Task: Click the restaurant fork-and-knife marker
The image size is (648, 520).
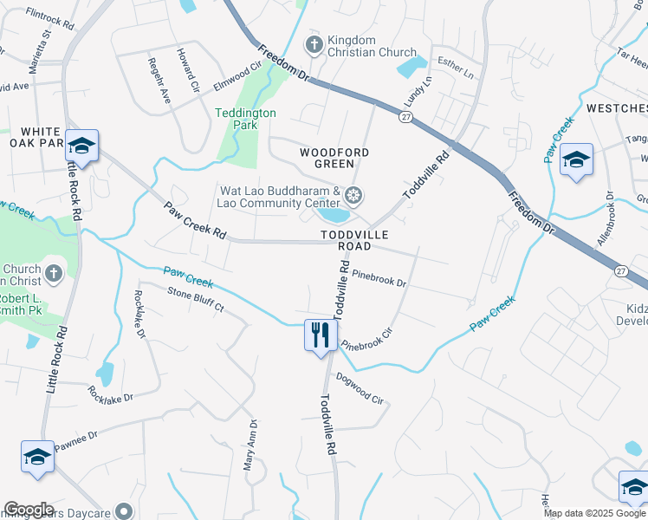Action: click(x=321, y=334)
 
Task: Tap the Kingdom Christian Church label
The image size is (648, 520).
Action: click(x=363, y=46)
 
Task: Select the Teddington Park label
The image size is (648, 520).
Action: click(x=245, y=119)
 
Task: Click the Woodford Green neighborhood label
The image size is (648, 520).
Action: click(x=334, y=158)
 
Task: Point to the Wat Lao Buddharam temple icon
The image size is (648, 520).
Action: click(x=353, y=194)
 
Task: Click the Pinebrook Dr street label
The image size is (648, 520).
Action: click(x=379, y=283)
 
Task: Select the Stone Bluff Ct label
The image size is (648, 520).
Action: click(x=195, y=300)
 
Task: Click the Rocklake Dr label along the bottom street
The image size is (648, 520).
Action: click(x=110, y=399)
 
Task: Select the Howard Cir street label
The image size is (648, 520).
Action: click(x=188, y=70)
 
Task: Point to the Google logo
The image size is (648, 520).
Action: click(x=29, y=509)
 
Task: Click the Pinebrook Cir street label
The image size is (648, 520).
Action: click(x=373, y=338)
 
